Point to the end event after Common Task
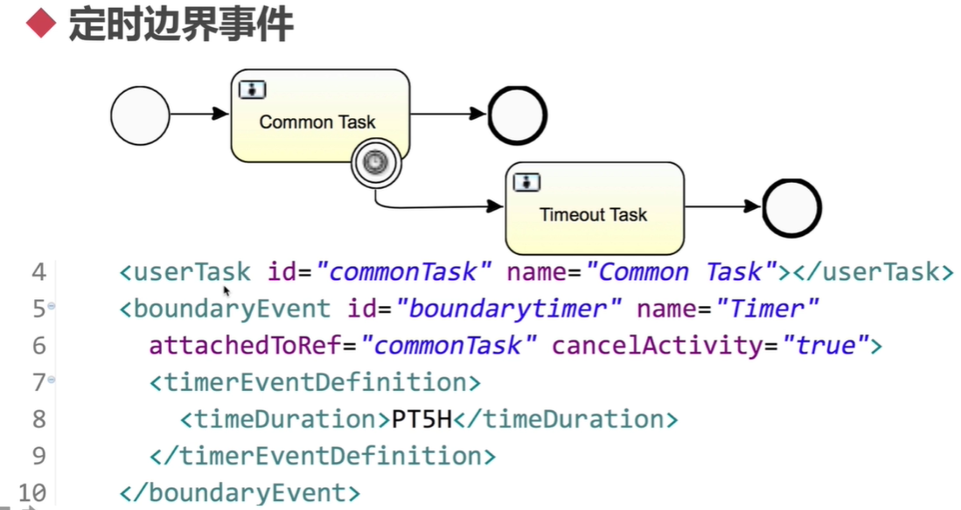click(518, 115)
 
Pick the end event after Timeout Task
click(791, 207)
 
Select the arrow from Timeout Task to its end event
click(721, 207)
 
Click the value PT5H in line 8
click(421, 419)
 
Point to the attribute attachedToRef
click(245, 346)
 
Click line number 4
click(38, 272)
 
